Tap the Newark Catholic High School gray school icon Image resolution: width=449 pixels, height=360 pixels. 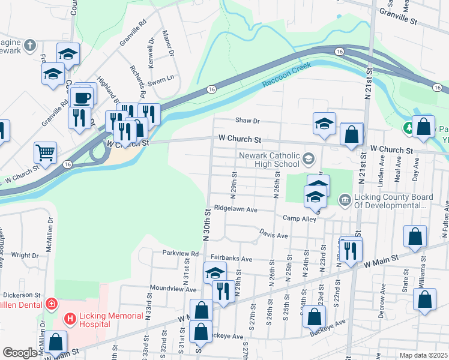click(x=309, y=159)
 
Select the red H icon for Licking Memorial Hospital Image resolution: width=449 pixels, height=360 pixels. click(x=70, y=317)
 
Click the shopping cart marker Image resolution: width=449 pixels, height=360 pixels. click(x=45, y=152)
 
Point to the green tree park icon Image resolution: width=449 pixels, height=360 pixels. click(x=409, y=128)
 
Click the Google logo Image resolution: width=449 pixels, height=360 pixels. click(x=19, y=353)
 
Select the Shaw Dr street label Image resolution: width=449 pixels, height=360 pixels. click(x=247, y=121)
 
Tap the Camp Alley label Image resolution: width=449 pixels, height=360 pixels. click(x=299, y=219)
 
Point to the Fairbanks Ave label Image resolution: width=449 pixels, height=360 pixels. click(x=231, y=259)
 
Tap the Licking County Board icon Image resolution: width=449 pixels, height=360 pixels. click(x=345, y=199)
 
